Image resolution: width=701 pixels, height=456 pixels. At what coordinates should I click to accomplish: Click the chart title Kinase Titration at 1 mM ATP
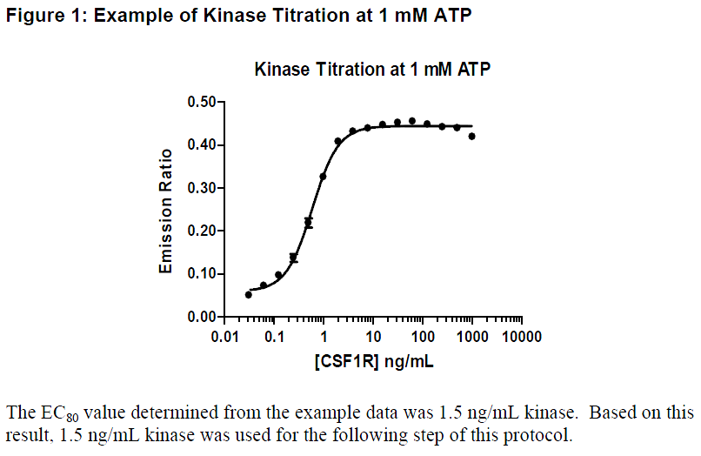[372, 70]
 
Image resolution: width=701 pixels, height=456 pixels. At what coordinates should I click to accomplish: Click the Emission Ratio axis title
[165, 211]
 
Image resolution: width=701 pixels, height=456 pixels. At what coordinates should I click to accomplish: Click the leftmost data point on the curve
[249, 295]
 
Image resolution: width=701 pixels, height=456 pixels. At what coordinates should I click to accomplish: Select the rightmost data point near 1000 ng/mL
[472, 136]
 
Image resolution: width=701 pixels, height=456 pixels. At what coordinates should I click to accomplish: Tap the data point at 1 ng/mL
[323, 177]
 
